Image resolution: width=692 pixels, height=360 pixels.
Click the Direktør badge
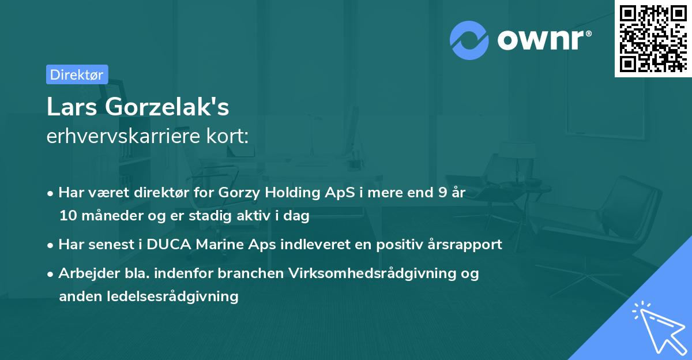coord(77,74)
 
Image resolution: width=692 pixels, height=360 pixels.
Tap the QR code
coord(652,38)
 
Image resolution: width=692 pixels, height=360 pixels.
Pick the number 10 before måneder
coord(67,216)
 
